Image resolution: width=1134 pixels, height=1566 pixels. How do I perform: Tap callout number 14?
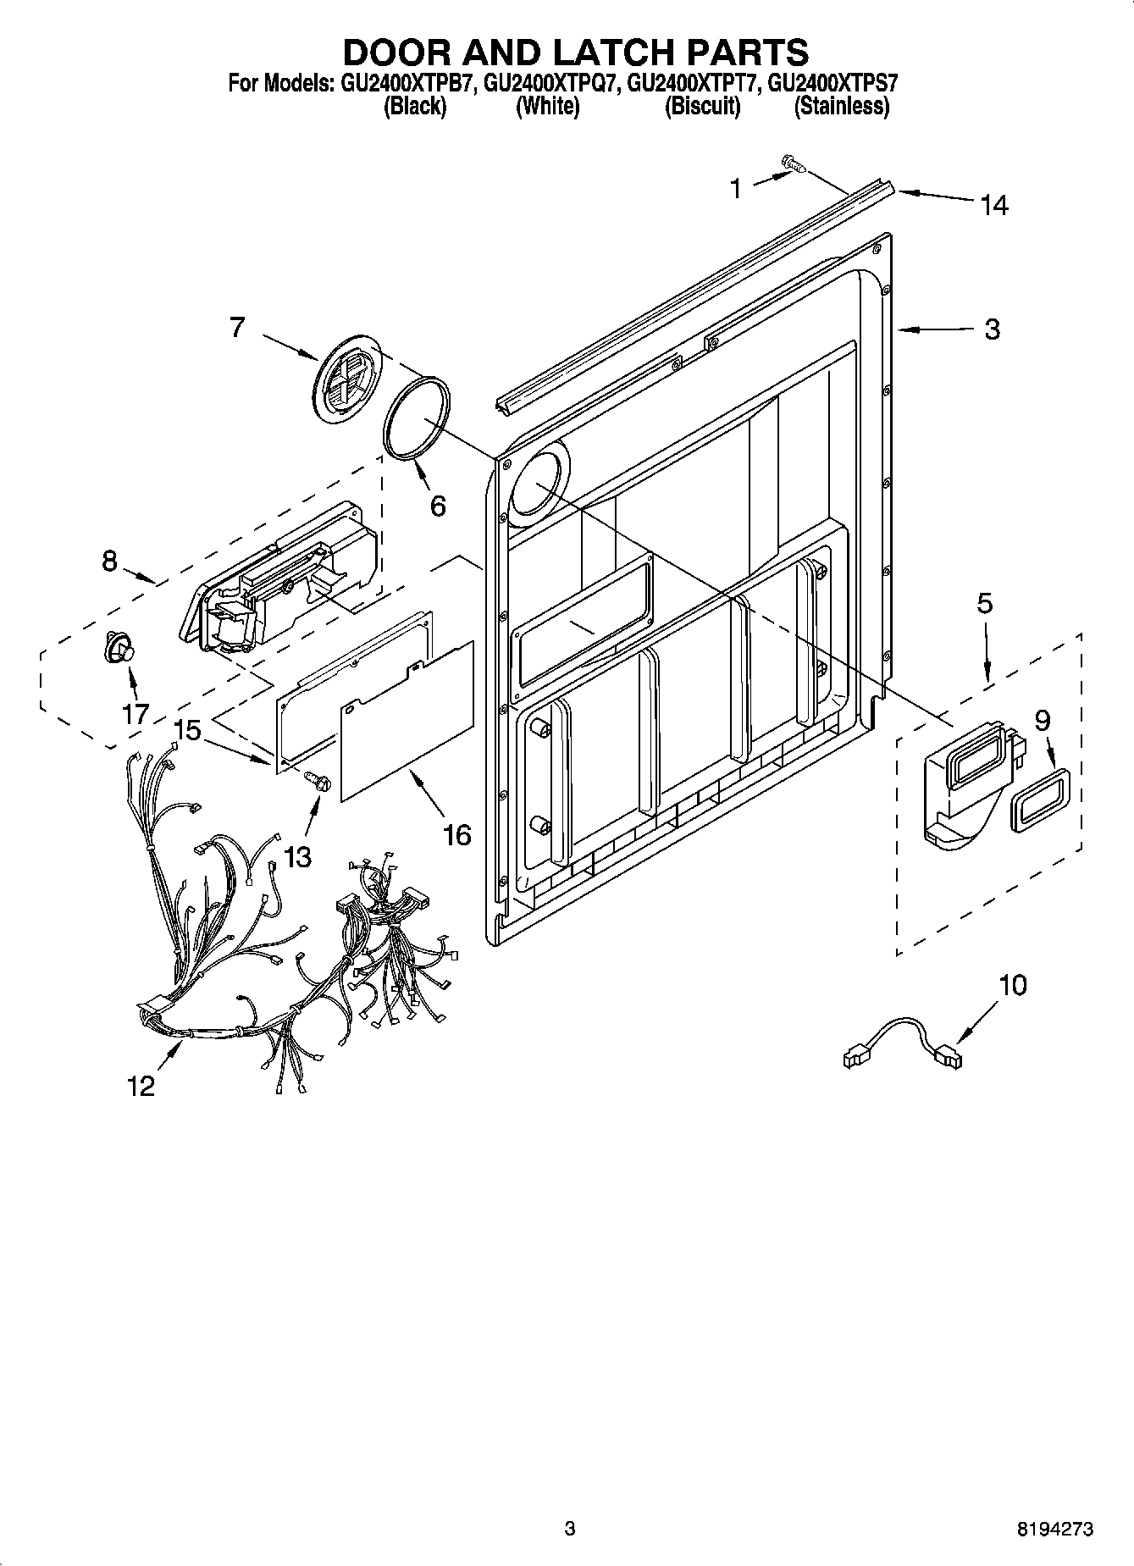coord(994,205)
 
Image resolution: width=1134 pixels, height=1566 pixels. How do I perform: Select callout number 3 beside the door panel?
coord(992,329)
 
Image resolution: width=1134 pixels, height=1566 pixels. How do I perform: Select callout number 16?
coord(456,835)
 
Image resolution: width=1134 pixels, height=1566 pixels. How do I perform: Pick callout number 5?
coord(984,604)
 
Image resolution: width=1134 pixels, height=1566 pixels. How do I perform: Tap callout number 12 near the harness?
coord(141,1085)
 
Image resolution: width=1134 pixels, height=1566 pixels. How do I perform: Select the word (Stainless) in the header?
coord(841,107)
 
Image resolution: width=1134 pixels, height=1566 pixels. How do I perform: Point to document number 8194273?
coord(1054,1529)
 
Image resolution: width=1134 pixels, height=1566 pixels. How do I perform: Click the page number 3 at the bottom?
coord(569,1529)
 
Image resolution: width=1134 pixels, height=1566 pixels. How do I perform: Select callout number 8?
coord(109,561)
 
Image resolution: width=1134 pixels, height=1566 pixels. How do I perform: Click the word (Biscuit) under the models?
coord(702,107)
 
